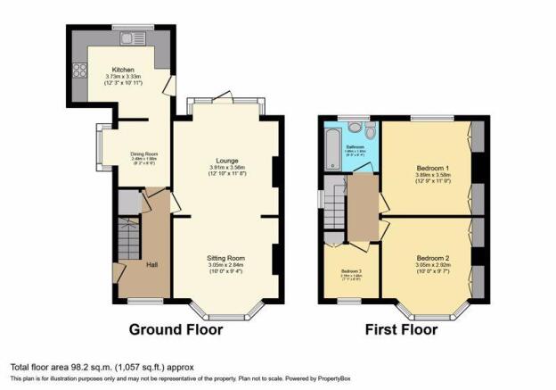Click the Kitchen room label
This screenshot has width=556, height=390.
(124, 70)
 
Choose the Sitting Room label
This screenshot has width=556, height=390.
(225, 258)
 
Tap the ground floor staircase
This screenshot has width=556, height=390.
(129, 241)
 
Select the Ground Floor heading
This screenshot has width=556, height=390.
(176, 329)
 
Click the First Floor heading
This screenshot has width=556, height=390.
(402, 329)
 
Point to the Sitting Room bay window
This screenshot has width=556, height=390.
(226, 313)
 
